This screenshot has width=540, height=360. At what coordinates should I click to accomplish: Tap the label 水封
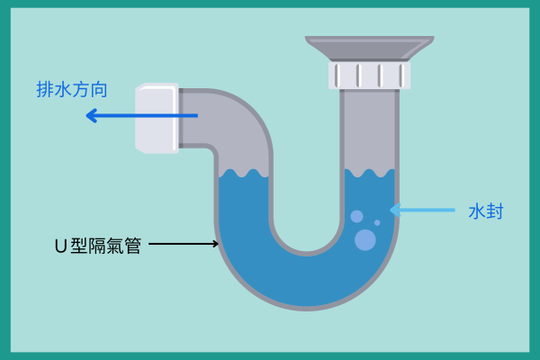(x=485, y=211)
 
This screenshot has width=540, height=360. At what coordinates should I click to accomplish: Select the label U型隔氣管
(x=98, y=245)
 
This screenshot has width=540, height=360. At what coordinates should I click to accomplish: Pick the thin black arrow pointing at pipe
(x=184, y=243)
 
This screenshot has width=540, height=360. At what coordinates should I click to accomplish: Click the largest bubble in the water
(x=365, y=239)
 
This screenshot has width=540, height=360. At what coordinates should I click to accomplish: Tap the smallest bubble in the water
(x=377, y=222)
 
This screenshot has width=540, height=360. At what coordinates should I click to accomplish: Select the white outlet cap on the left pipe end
(x=156, y=118)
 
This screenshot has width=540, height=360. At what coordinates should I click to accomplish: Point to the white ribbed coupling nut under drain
(x=369, y=75)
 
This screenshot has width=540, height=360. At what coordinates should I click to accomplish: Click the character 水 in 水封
(x=476, y=211)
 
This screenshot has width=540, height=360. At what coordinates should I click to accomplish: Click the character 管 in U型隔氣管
(x=133, y=245)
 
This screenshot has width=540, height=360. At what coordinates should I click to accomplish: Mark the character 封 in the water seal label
(x=494, y=211)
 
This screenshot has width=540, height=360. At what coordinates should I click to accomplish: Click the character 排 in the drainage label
(x=43, y=90)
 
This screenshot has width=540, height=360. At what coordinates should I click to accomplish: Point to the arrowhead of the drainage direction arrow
(x=91, y=115)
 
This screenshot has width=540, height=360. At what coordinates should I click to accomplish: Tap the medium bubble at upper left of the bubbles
(x=356, y=216)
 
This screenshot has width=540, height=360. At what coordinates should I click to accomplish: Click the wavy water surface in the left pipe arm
(x=243, y=173)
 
